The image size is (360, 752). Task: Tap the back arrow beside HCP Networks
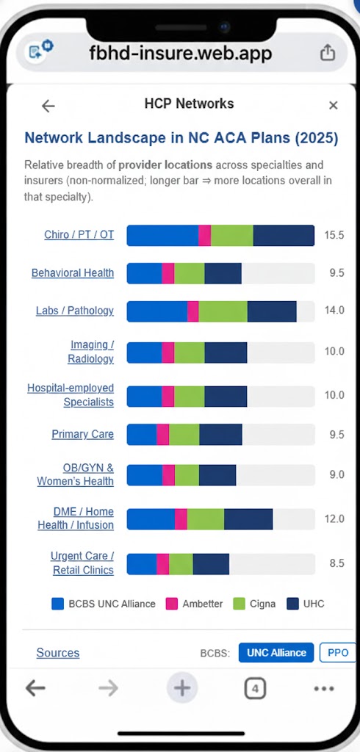[48, 106]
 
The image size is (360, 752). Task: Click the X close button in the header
[333, 106]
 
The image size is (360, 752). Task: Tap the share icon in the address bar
[328, 53]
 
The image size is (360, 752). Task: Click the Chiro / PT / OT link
[79, 235]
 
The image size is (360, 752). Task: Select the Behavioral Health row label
[73, 273]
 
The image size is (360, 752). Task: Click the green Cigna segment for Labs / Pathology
[223, 311]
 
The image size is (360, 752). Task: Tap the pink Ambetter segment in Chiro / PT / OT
[205, 235]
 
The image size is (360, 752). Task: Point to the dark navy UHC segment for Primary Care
[220, 435]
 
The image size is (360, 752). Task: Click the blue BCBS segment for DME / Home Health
[151, 518]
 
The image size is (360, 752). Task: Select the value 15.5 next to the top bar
[334, 235]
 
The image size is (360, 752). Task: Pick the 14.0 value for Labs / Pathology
[334, 311]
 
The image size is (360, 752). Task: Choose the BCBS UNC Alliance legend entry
[104, 604]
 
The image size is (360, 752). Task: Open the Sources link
[58, 653]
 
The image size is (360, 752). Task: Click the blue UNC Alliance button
[276, 653]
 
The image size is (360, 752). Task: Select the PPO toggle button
[338, 653]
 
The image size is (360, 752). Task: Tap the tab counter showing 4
[254, 689]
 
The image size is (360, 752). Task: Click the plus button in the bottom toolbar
[181, 689]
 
